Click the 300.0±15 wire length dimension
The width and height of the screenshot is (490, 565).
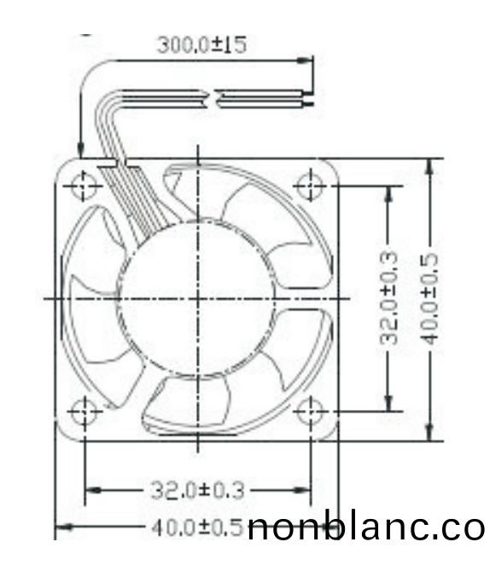201,45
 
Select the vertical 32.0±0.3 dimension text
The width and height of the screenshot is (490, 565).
389,297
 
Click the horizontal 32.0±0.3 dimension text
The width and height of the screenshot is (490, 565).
197,490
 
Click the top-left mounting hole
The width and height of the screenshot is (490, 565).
84,185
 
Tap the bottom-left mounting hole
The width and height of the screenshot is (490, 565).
84,412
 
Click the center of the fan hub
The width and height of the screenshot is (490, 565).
197,297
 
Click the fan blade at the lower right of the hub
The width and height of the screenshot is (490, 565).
299,341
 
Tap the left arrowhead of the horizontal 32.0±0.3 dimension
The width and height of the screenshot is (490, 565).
92,490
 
